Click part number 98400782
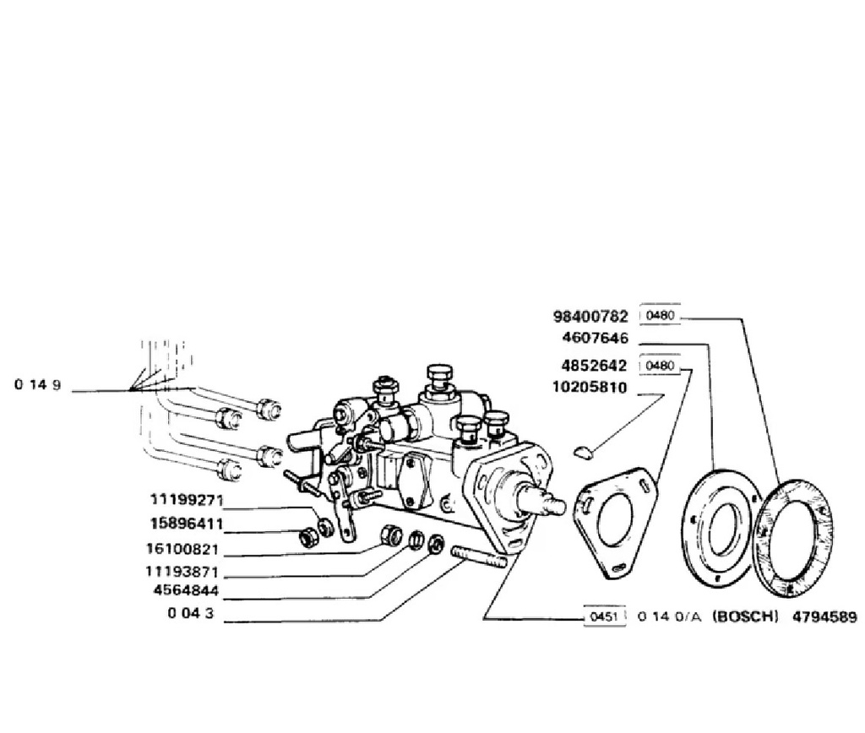tap(590, 316)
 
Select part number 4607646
tap(596, 338)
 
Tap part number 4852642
tap(594, 366)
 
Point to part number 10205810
tap(590, 387)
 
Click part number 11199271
tap(187, 500)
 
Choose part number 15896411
tap(187, 524)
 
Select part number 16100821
tap(182, 549)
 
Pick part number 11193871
tap(182, 572)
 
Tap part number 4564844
tap(186, 590)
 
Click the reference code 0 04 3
tap(190, 613)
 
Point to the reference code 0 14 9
tap(37, 384)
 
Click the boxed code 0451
tap(604, 616)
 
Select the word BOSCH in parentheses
tap(745, 616)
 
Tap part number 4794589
tap(824, 616)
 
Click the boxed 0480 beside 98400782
tap(660, 316)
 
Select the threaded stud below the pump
tap(479, 556)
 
